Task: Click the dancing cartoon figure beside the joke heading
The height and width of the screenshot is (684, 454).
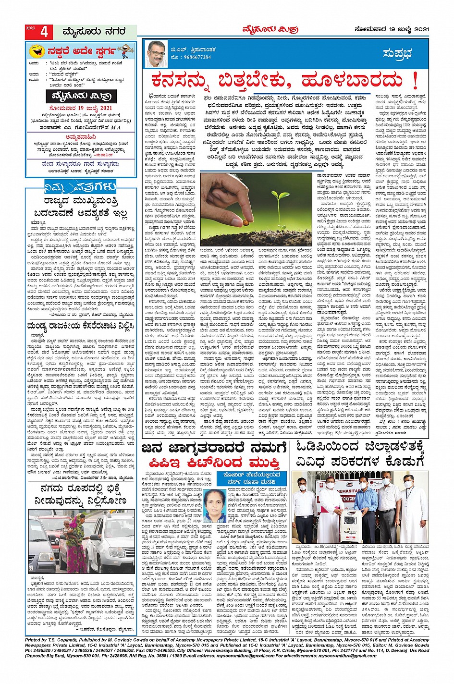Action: coord(125,50)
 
